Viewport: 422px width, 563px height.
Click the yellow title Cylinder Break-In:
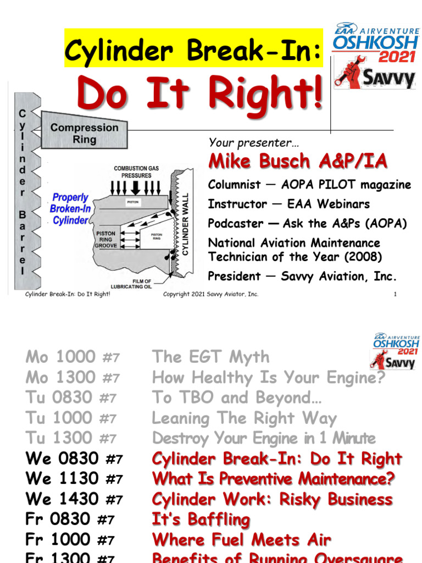(x=192, y=51)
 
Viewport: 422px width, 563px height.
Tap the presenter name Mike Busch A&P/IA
(x=297, y=161)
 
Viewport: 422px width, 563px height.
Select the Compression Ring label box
(x=84, y=133)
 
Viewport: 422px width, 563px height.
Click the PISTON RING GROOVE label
(x=106, y=240)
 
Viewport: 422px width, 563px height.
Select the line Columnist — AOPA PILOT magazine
(x=309, y=185)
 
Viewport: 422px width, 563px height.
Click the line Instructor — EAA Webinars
(x=289, y=204)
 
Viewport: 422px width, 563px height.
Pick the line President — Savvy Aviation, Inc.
(x=302, y=276)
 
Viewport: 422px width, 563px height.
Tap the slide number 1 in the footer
(x=395, y=294)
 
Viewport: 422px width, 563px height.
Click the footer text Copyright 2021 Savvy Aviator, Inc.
(x=210, y=294)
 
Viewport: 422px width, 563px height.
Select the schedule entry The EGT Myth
(x=211, y=357)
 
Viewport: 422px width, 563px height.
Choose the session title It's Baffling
(x=201, y=520)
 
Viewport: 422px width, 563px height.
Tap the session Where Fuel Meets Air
(x=242, y=540)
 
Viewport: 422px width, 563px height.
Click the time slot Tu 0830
(x=62, y=398)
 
